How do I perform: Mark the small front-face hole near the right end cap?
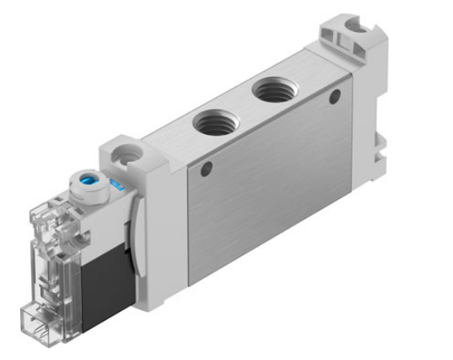335,98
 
